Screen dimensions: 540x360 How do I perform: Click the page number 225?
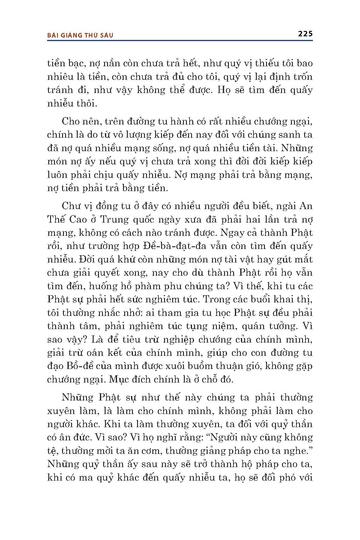[x=305, y=34]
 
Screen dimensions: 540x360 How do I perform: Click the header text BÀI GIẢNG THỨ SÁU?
[x=80, y=35]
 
